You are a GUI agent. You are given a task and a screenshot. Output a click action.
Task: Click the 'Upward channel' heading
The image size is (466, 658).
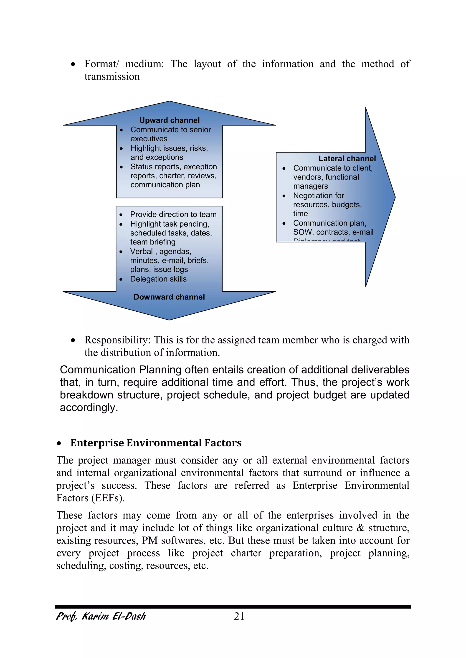pos(169,120)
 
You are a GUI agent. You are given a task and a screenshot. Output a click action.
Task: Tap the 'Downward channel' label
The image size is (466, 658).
pos(169,297)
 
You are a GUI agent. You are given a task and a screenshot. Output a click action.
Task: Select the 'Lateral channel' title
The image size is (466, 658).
pos(347,158)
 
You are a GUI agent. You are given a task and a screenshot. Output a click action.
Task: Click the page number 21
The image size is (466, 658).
pos(239,616)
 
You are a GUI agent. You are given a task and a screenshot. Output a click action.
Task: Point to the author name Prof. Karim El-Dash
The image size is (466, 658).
pos(101,616)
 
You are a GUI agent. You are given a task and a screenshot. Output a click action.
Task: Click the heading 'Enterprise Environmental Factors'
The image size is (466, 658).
pos(156,443)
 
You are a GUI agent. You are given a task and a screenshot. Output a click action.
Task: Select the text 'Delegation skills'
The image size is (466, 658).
pos(158,279)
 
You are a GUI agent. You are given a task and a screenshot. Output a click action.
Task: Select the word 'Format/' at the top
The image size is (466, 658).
pos(101,64)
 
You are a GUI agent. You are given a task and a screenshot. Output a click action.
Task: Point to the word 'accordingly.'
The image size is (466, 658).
pos(89,407)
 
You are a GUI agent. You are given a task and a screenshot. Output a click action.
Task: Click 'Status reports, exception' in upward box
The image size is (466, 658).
pos(173,167)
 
